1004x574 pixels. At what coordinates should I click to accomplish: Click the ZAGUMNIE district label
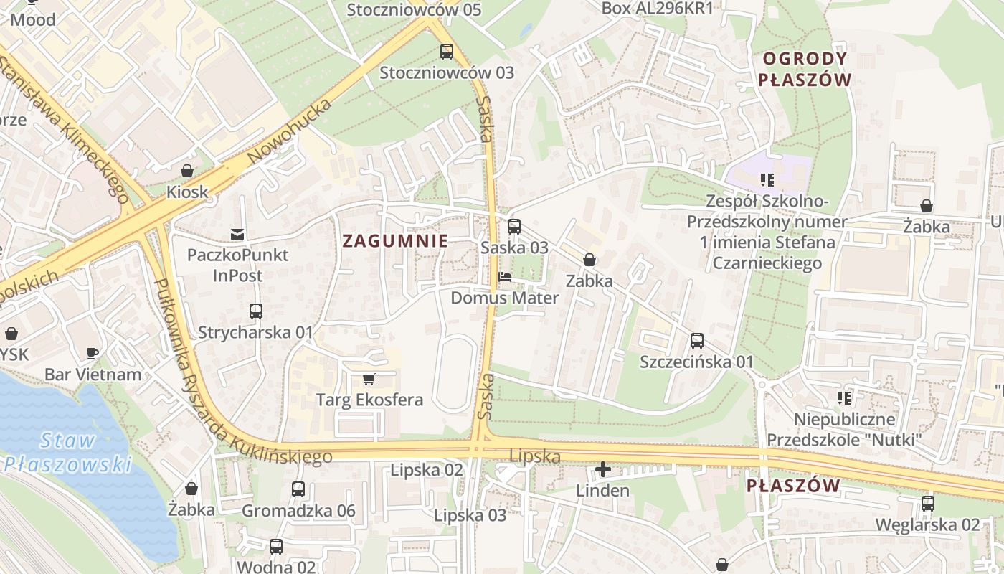click(x=395, y=241)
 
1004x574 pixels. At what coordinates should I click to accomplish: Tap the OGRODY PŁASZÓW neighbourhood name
click(x=805, y=69)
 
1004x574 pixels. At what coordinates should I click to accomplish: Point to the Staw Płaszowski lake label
click(x=68, y=451)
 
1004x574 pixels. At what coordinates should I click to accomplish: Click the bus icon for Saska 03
click(x=514, y=227)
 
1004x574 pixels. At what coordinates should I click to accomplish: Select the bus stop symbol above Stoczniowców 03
click(x=447, y=52)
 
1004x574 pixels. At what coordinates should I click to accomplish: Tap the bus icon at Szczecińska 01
click(x=696, y=341)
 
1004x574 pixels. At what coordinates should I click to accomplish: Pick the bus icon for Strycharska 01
click(x=256, y=311)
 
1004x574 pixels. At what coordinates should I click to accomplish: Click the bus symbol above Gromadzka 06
click(x=298, y=490)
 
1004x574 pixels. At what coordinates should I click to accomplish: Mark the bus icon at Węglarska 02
click(x=927, y=504)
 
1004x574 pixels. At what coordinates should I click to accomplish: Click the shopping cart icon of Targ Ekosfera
click(x=369, y=379)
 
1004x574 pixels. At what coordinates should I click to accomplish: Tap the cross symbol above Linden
click(x=603, y=470)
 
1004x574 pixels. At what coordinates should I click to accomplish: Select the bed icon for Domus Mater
click(x=505, y=277)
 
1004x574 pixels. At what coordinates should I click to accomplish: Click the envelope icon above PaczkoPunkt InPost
click(x=237, y=234)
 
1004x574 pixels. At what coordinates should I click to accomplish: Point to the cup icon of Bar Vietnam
click(x=93, y=353)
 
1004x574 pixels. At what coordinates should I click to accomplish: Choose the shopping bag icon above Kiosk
click(x=187, y=171)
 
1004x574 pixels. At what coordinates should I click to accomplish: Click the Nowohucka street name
click(x=290, y=131)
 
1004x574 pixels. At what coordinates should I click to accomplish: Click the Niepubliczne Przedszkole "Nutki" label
click(x=844, y=429)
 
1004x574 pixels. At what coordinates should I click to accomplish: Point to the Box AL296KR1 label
click(x=658, y=9)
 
